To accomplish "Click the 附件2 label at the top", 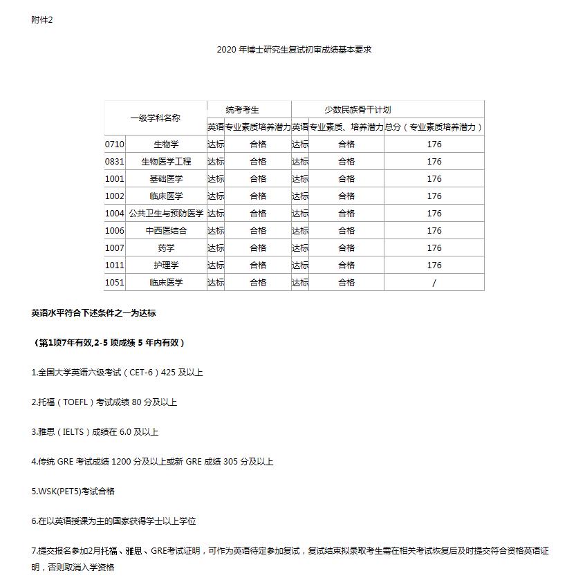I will click(x=42, y=20).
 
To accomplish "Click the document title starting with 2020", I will click(x=294, y=50).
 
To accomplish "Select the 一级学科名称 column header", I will click(x=155, y=118).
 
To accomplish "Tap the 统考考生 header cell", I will click(x=248, y=109).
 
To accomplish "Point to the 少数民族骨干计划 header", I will click(x=357, y=109).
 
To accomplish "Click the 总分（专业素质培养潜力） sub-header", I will click(x=434, y=127).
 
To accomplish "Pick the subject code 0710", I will click(x=115, y=144).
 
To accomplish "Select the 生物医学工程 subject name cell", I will click(x=166, y=162).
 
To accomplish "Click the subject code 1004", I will click(x=115, y=214).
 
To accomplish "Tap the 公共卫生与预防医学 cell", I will click(x=166, y=214).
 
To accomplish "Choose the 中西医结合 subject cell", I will click(x=166, y=231).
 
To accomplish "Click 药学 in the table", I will click(x=166, y=248).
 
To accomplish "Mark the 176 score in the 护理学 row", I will click(x=434, y=265).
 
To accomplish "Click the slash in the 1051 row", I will click(x=434, y=283).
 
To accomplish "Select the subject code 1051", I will click(x=115, y=283).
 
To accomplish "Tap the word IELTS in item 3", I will click(x=71, y=432).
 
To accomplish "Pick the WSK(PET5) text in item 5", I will click(x=60, y=492).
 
